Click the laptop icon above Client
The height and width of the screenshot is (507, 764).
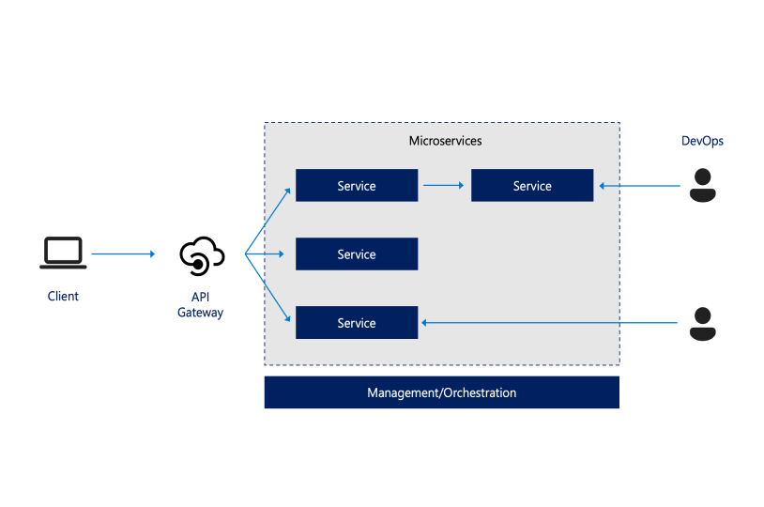pyautogui.click(x=63, y=253)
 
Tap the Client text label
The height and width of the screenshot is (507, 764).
pyautogui.click(x=63, y=297)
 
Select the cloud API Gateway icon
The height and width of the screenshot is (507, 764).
pyautogui.click(x=201, y=255)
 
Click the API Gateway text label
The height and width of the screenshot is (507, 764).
pyautogui.click(x=201, y=305)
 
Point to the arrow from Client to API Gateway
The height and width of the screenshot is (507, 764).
pyautogui.click(x=122, y=253)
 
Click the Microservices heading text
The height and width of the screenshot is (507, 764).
pyautogui.click(x=445, y=141)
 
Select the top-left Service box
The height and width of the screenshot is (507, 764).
pyautogui.click(x=357, y=186)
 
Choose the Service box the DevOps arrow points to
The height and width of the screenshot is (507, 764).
pyautogui.click(x=532, y=186)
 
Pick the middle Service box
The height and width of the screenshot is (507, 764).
pyautogui.click(x=357, y=254)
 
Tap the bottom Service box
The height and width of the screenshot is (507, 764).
pyautogui.click(x=357, y=323)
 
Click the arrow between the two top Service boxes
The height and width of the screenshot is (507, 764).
pyautogui.click(x=444, y=186)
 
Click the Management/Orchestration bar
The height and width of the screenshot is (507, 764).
pyautogui.click(x=441, y=392)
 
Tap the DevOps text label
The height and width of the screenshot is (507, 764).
pyautogui.click(x=702, y=141)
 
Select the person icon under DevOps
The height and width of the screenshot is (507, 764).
pyautogui.click(x=702, y=185)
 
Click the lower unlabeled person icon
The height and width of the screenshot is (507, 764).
pyautogui.click(x=702, y=323)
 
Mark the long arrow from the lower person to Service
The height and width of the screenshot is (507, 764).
pyautogui.click(x=550, y=323)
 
